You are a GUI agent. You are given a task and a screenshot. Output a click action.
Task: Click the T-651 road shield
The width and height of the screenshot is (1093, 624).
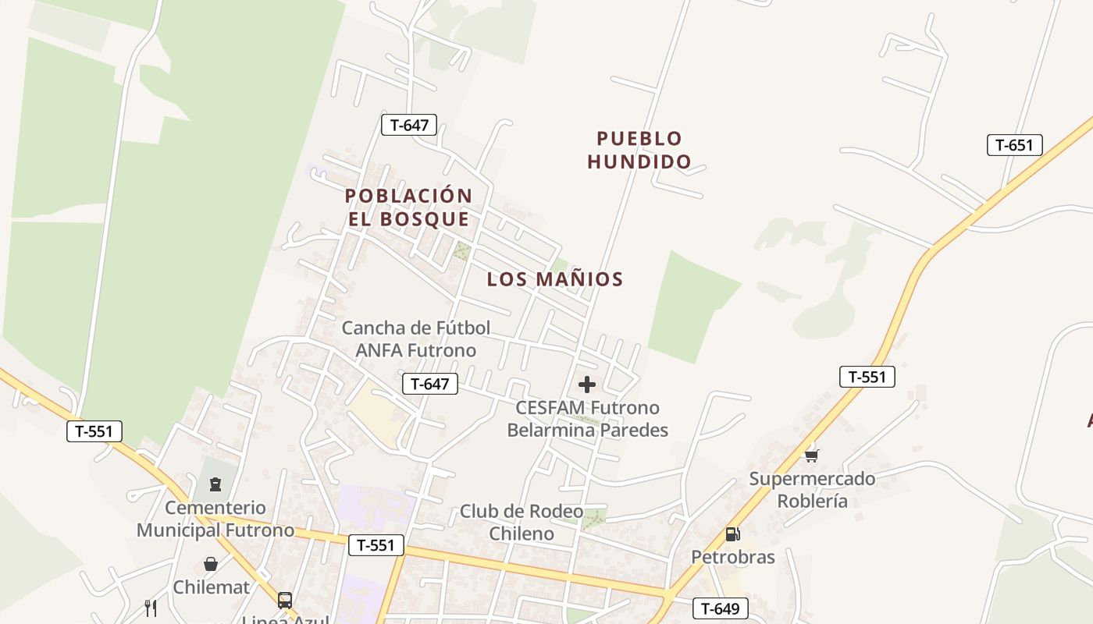(x=1014, y=145)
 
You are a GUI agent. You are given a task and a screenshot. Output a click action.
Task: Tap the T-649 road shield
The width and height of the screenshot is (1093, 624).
(x=720, y=608)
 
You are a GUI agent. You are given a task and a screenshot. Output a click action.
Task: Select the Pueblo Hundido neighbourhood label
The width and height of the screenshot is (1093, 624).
(x=639, y=150)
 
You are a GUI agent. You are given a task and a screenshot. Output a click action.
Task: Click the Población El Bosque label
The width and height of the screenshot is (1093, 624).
(x=409, y=207)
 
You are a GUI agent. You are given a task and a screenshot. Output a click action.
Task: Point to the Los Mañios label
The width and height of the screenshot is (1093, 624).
(x=555, y=279)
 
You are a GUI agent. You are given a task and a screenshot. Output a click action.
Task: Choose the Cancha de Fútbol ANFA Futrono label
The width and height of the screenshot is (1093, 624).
(x=416, y=339)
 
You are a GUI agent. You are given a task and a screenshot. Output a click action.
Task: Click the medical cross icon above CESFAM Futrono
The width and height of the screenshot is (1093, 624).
(x=587, y=385)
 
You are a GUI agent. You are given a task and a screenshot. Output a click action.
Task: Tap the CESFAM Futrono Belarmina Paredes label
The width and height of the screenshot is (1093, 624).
(x=588, y=419)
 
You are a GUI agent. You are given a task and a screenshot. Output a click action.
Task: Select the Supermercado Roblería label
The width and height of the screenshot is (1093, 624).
(x=812, y=490)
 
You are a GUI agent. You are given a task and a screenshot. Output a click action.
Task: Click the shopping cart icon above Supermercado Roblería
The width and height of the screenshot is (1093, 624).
(x=812, y=456)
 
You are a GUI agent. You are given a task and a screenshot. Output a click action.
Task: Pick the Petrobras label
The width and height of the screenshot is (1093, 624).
(x=733, y=557)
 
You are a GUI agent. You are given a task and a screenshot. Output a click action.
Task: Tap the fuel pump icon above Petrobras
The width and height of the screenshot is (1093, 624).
(x=732, y=534)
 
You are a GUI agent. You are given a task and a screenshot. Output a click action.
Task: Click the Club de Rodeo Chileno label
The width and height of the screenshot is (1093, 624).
(x=522, y=523)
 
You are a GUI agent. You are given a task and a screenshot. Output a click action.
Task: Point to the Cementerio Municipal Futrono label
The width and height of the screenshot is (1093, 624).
(x=215, y=519)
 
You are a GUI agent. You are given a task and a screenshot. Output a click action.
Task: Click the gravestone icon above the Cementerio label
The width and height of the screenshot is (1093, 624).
(x=215, y=484)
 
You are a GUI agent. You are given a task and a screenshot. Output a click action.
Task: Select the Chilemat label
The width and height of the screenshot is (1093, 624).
(x=211, y=587)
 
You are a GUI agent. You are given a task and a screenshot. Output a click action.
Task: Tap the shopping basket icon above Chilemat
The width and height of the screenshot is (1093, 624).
(x=211, y=563)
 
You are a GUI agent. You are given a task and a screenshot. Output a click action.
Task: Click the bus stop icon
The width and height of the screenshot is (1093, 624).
(x=285, y=600)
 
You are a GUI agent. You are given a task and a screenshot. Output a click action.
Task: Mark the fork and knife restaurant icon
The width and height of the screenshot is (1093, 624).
(x=151, y=608)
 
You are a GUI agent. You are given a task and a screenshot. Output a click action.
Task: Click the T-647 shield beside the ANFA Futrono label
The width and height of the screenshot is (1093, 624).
(x=429, y=384)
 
